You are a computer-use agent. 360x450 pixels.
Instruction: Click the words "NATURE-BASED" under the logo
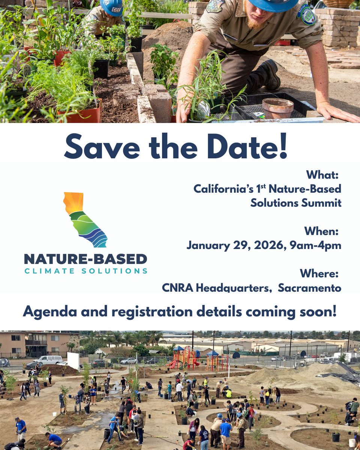tap(85, 259)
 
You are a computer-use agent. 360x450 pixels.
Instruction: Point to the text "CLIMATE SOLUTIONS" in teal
tap(85, 271)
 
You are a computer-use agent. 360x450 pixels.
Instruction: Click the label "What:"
tap(322, 175)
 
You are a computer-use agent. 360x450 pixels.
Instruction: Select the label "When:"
tap(321, 231)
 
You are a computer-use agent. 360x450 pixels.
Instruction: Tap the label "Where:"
tap(319, 274)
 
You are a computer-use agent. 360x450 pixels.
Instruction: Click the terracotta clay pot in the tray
tap(277, 108)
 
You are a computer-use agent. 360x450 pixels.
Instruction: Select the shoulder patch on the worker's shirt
tap(306, 15)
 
